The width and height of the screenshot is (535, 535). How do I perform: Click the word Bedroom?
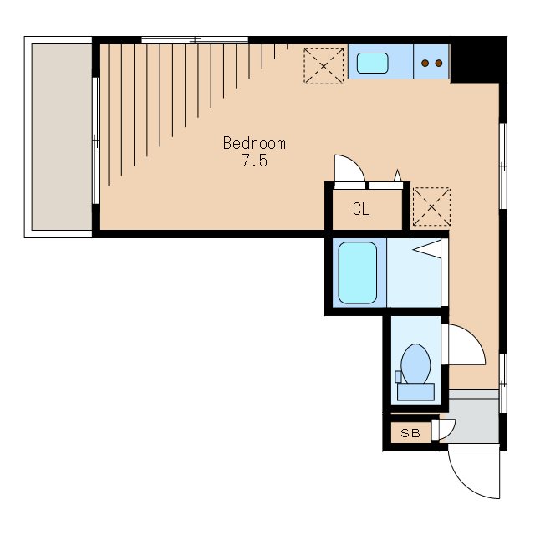[254, 143]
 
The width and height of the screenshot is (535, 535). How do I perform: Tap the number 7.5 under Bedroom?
[254, 160]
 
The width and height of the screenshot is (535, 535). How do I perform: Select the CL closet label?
[361, 209]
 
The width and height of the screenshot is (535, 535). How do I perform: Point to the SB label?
[410, 433]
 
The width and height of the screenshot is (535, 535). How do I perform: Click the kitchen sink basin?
[372, 64]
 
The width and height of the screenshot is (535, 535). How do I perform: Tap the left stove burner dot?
[425, 64]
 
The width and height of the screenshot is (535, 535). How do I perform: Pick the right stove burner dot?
[439, 64]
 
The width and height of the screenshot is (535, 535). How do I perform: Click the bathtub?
[358, 273]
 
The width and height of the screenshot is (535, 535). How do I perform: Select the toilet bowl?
[415, 364]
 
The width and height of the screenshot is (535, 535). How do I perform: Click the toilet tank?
[415, 392]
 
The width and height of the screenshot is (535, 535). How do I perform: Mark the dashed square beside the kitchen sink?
[324, 66]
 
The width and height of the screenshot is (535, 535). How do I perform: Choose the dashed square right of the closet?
[431, 206]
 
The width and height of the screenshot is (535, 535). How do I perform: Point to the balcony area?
[62, 137]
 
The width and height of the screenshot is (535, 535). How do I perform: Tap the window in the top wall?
[195, 40]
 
